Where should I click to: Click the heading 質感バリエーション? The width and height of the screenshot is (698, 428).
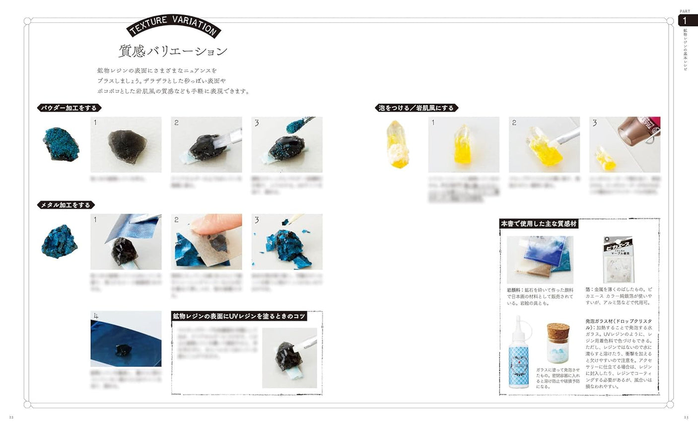point(173,51)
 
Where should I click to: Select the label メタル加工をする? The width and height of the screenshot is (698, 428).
point(67,205)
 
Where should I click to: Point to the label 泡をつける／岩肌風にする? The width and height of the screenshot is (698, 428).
point(416,107)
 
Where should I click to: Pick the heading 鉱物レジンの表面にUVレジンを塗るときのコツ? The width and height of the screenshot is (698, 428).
point(239,316)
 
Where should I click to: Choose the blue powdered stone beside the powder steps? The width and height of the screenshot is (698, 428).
point(60,145)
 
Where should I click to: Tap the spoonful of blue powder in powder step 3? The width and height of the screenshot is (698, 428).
point(296,126)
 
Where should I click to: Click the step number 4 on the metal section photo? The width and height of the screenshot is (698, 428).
point(96,316)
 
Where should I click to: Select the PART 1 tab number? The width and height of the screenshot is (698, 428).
point(685,20)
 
